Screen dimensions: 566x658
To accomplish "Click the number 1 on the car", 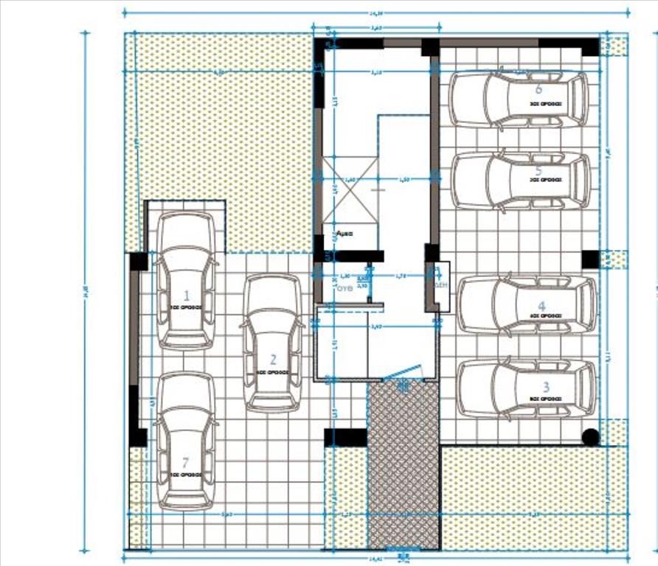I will tap(187, 295).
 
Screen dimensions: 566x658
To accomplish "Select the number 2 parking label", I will tap(273, 360).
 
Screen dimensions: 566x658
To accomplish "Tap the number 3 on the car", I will tap(546, 386).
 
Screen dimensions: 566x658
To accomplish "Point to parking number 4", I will tap(541, 306).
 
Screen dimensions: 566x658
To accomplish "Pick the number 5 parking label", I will tap(538, 171).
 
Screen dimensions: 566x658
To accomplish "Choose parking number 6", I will tap(538, 89).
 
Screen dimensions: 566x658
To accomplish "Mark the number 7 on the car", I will tap(185, 463).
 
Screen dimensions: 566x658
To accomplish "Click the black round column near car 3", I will tap(590, 437).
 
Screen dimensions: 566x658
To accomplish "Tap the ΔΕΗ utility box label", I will tap(440, 284).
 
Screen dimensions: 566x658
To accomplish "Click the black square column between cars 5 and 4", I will tap(590, 259).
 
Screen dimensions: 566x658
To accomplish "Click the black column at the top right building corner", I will tap(589, 47).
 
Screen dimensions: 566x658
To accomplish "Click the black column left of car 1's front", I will tap(139, 262).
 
